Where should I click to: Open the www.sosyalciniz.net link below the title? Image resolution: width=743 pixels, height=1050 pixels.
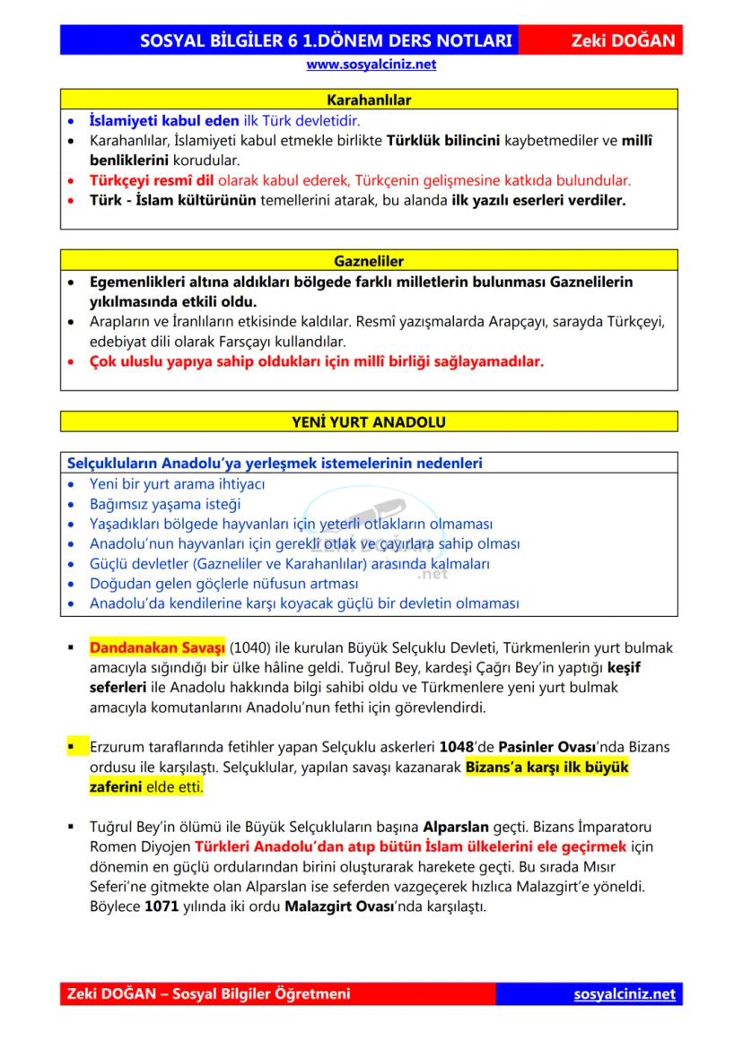point(371,65)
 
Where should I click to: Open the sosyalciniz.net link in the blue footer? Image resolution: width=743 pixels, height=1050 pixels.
point(625,994)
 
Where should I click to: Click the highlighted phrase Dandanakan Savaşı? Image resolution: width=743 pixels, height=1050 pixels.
point(157,648)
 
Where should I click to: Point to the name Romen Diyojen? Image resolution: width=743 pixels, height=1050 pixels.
point(127,846)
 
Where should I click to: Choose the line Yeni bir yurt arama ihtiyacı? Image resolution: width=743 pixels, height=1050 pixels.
point(177,484)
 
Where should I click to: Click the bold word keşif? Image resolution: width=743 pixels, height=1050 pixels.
point(625,668)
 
